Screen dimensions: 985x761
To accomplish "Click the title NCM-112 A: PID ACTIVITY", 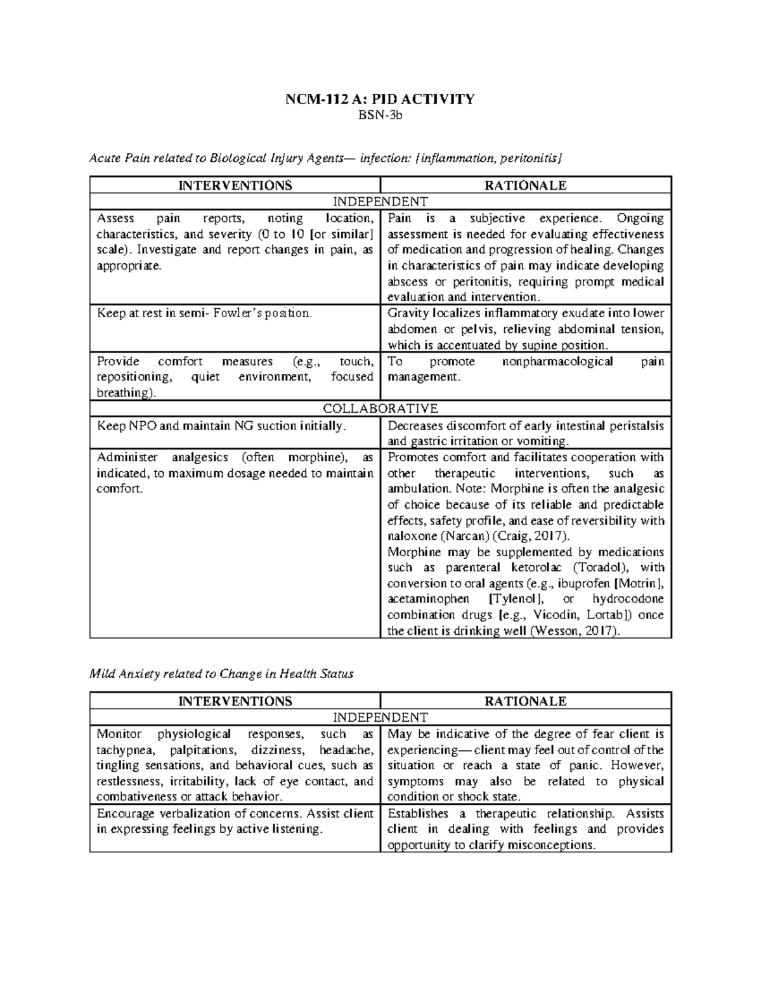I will [x=380, y=99].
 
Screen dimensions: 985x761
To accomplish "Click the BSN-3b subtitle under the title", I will [x=380, y=115].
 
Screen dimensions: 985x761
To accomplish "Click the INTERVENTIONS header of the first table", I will [x=235, y=185].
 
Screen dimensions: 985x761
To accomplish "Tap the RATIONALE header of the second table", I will [x=525, y=701].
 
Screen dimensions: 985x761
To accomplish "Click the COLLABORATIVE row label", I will [x=380, y=408].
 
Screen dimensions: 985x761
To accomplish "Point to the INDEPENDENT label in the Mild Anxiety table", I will [x=380, y=717].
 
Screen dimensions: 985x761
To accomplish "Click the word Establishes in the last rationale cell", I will [x=417, y=813].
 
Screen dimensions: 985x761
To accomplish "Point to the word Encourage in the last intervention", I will [x=124, y=813].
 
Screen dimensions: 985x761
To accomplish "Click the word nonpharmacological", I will [x=557, y=362].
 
